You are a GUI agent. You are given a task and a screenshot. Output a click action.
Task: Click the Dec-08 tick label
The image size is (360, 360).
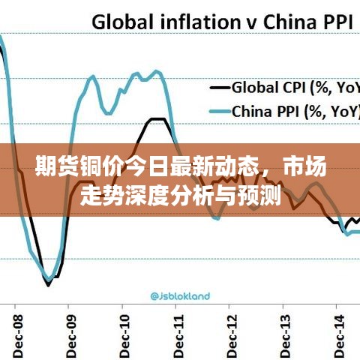point(16,331)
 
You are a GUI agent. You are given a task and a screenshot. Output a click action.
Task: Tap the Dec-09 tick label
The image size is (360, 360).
point(71,331)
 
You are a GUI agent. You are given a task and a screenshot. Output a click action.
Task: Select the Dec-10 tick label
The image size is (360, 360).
point(125,331)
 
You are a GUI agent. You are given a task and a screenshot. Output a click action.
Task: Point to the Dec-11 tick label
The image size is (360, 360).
point(178,331)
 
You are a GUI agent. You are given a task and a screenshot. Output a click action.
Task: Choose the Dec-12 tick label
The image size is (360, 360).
point(232,331)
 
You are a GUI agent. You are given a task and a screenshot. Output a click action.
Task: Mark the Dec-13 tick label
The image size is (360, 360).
point(286,331)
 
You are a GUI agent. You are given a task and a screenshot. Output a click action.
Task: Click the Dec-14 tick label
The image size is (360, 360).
point(340,331)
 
